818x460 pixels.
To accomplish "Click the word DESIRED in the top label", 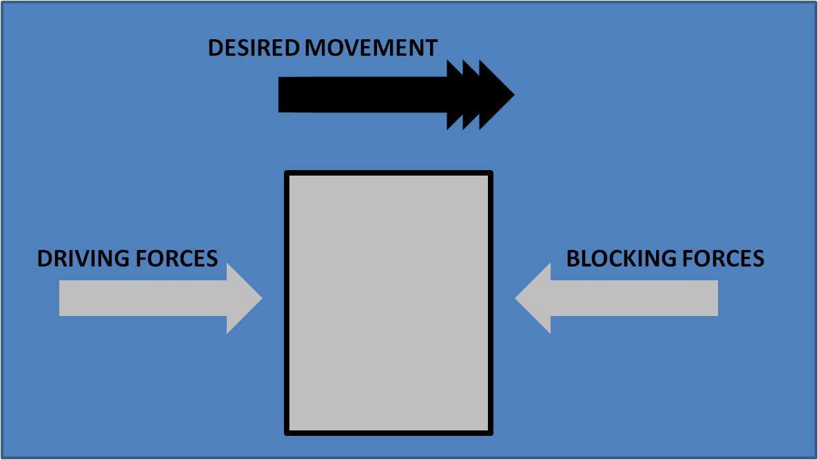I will [x=253, y=48].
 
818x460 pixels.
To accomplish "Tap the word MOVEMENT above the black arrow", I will [x=371, y=48].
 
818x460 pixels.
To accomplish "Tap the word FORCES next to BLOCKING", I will [x=724, y=259].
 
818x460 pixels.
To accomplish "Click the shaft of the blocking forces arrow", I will [x=634, y=298].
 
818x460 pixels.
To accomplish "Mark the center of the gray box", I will [x=389, y=303].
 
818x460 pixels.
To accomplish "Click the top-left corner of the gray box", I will [x=287, y=173].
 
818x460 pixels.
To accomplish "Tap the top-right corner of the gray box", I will [x=492, y=173].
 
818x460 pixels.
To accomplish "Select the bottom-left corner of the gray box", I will [x=287, y=433].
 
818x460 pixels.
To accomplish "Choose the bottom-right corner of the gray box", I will [x=492, y=433].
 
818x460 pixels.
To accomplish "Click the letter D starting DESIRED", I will [x=214, y=48].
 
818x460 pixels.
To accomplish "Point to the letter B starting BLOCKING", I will [x=573, y=259].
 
